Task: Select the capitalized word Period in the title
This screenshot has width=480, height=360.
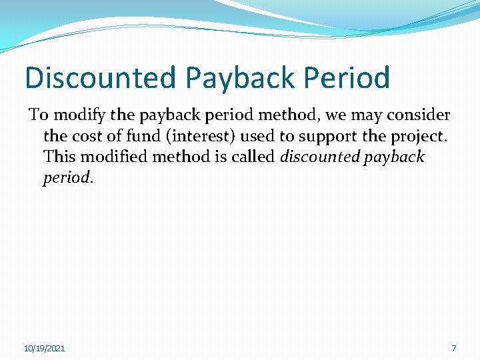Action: tap(347, 77)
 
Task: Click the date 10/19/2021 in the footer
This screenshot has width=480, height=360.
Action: tap(44, 349)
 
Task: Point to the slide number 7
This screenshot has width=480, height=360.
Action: tap(454, 349)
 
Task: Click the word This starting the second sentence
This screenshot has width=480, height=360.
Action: tap(58, 158)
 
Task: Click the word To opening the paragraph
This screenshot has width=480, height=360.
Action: tap(37, 116)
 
